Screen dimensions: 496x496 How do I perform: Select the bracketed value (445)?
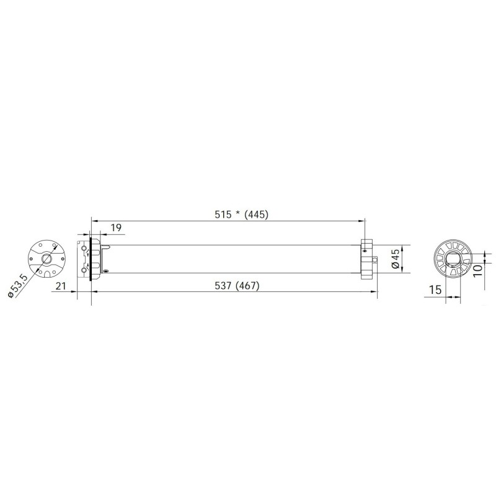click(x=257, y=215)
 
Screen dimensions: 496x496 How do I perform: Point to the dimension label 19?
click(x=115, y=228)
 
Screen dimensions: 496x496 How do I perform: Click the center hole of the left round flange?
click(x=46, y=259)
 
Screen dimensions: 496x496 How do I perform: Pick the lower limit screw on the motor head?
click(x=84, y=270)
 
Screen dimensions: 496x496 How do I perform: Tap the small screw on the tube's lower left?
click(x=105, y=271)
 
